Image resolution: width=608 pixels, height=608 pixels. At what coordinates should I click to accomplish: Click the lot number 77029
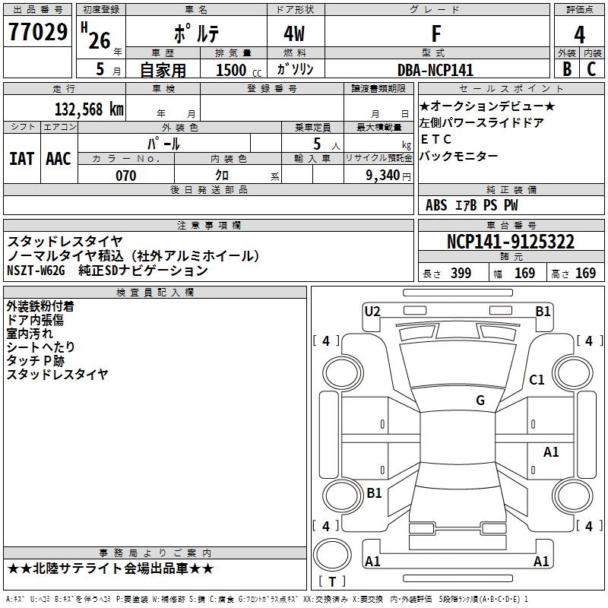pos(37,33)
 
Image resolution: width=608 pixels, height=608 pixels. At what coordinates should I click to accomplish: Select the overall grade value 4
pos(580,34)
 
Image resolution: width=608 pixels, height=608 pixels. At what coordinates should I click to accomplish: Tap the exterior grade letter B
pos(566,69)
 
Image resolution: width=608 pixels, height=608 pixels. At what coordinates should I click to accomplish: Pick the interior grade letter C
pos(592,69)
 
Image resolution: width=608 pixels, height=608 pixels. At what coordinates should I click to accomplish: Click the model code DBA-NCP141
pos(435,70)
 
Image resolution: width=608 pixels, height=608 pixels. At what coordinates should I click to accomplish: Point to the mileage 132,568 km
pos(89,109)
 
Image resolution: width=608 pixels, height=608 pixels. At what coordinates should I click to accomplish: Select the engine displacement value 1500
pos(232,70)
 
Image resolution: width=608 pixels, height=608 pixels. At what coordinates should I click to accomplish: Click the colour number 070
pos(125,176)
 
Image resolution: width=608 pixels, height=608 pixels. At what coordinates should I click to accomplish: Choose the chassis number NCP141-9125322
pos(510,242)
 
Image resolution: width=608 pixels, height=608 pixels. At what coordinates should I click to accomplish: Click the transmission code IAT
pos(22,158)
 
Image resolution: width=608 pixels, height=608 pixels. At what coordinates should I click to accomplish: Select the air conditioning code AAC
pos(59,158)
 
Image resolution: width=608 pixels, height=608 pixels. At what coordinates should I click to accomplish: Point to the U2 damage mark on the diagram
pos(372,311)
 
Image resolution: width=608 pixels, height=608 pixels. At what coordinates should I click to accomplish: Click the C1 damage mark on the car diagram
pos(537,380)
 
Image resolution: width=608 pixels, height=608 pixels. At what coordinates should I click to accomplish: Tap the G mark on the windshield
pos(480,401)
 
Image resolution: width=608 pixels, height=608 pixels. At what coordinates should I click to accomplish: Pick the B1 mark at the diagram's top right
pos(543,311)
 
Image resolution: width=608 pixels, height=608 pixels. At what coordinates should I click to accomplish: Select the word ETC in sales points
pos(436,139)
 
